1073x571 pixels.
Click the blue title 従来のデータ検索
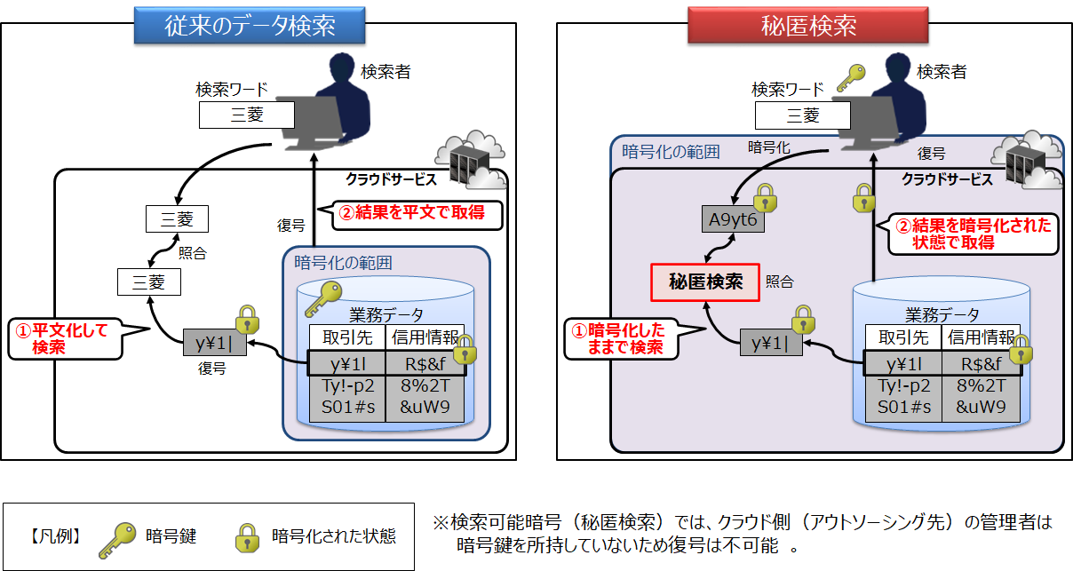pyautogui.click(x=250, y=25)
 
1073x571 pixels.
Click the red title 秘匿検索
pyautogui.click(x=807, y=25)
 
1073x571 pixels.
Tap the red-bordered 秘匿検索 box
pyautogui.click(x=705, y=282)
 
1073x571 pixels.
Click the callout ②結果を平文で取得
pyautogui.click(x=417, y=214)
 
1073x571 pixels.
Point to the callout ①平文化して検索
pyautogui.click(x=65, y=338)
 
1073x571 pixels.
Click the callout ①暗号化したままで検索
pyautogui.click(x=623, y=338)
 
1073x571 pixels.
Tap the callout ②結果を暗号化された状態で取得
pyautogui.click(x=971, y=234)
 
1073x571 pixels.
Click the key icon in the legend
pyautogui.click(x=118, y=538)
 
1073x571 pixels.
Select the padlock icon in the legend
pyautogui.click(x=245, y=536)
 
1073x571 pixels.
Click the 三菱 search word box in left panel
pyautogui.click(x=246, y=115)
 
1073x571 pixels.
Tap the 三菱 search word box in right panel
pyautogui.click(x=803, y=115)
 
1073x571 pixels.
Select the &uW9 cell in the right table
pyautogui.click(x=981, y=407)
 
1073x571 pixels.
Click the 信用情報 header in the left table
pyautogui.click(x=424, y=337)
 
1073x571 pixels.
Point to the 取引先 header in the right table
pyautogui.click(x=903, y=337)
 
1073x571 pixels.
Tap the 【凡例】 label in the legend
pyautogui.click(x=54, y=536)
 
